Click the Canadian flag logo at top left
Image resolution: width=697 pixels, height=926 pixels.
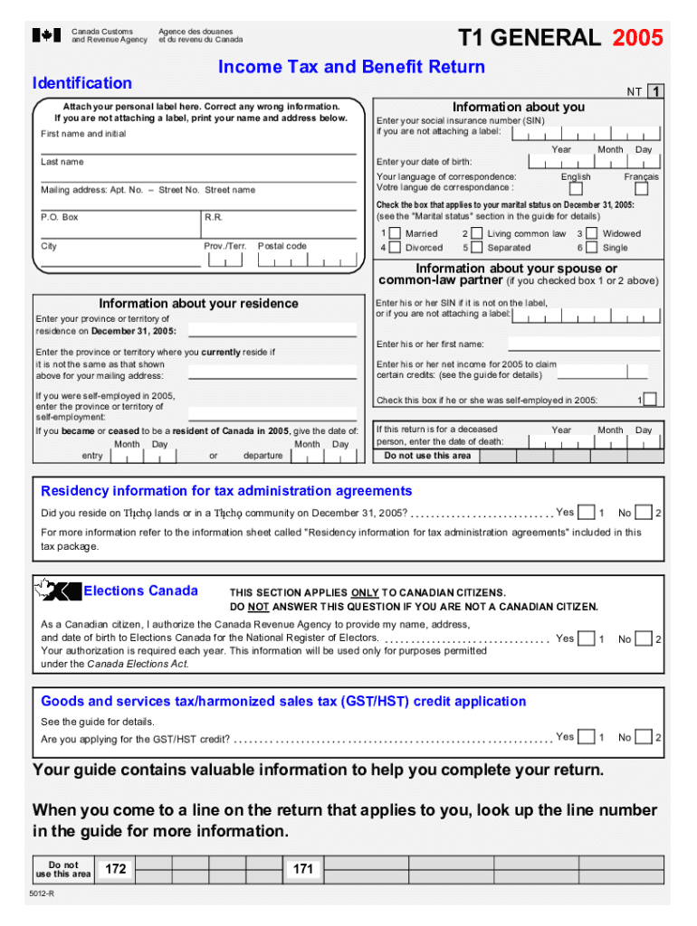(46, 35)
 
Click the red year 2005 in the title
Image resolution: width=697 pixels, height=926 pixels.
(637, 38)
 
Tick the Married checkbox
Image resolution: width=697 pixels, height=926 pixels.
(395, 233)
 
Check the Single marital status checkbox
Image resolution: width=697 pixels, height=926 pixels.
(592, 248)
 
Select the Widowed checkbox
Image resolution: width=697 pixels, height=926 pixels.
(592, 233)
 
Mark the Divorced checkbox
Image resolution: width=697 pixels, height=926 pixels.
(395, 248)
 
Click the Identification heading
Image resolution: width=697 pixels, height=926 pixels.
(81, 83)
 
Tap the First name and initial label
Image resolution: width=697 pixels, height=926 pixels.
(83, 134)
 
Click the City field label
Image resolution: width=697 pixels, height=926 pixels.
(49, 246)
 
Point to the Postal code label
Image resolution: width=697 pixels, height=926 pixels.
(282, 246)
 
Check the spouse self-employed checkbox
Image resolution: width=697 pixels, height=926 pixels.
(650, 400)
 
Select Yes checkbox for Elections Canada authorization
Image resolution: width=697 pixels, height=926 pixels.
(587, 639)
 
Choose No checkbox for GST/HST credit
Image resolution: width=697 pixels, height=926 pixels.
(643, 738)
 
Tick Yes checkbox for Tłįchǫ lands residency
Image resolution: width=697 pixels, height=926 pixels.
(587, 514)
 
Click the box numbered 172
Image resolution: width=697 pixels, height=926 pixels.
(115, 870)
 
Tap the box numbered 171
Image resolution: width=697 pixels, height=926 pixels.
(303, 870)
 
